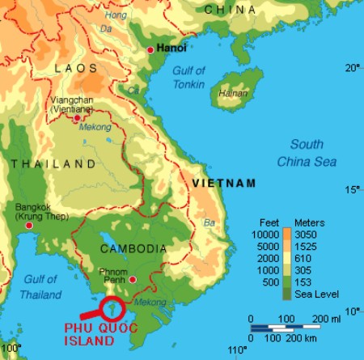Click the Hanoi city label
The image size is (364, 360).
click(171, 49)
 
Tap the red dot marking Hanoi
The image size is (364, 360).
click(150, 50)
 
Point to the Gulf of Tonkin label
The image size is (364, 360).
click(192, 77)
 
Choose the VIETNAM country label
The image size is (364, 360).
click(224, 183)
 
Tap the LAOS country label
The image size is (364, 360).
click(75, 70)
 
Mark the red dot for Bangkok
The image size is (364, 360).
click(30, 225)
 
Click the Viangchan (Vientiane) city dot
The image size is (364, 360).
click(77, 118)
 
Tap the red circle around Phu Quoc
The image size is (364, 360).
click(112, 307)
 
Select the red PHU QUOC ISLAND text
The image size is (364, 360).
click(99, 336)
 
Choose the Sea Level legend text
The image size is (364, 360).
click(318, 294)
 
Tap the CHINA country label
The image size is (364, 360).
click(231, 9)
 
